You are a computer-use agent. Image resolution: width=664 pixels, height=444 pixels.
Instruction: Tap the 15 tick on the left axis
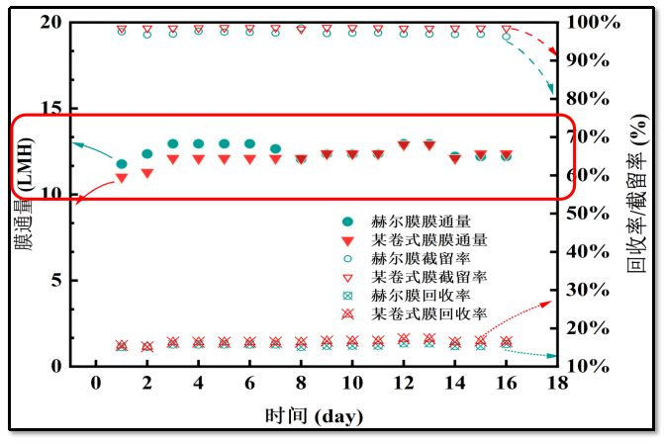[x=55, y=108]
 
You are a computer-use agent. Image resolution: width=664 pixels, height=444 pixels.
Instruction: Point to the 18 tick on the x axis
[x=558, y=384]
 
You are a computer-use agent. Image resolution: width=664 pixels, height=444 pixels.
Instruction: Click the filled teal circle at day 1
[x=122, y=164]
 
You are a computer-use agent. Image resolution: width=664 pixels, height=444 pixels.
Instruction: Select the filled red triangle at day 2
[x=147, y=174]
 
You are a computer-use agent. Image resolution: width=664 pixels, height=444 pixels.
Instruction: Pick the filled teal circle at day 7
[x=275, y=149]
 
